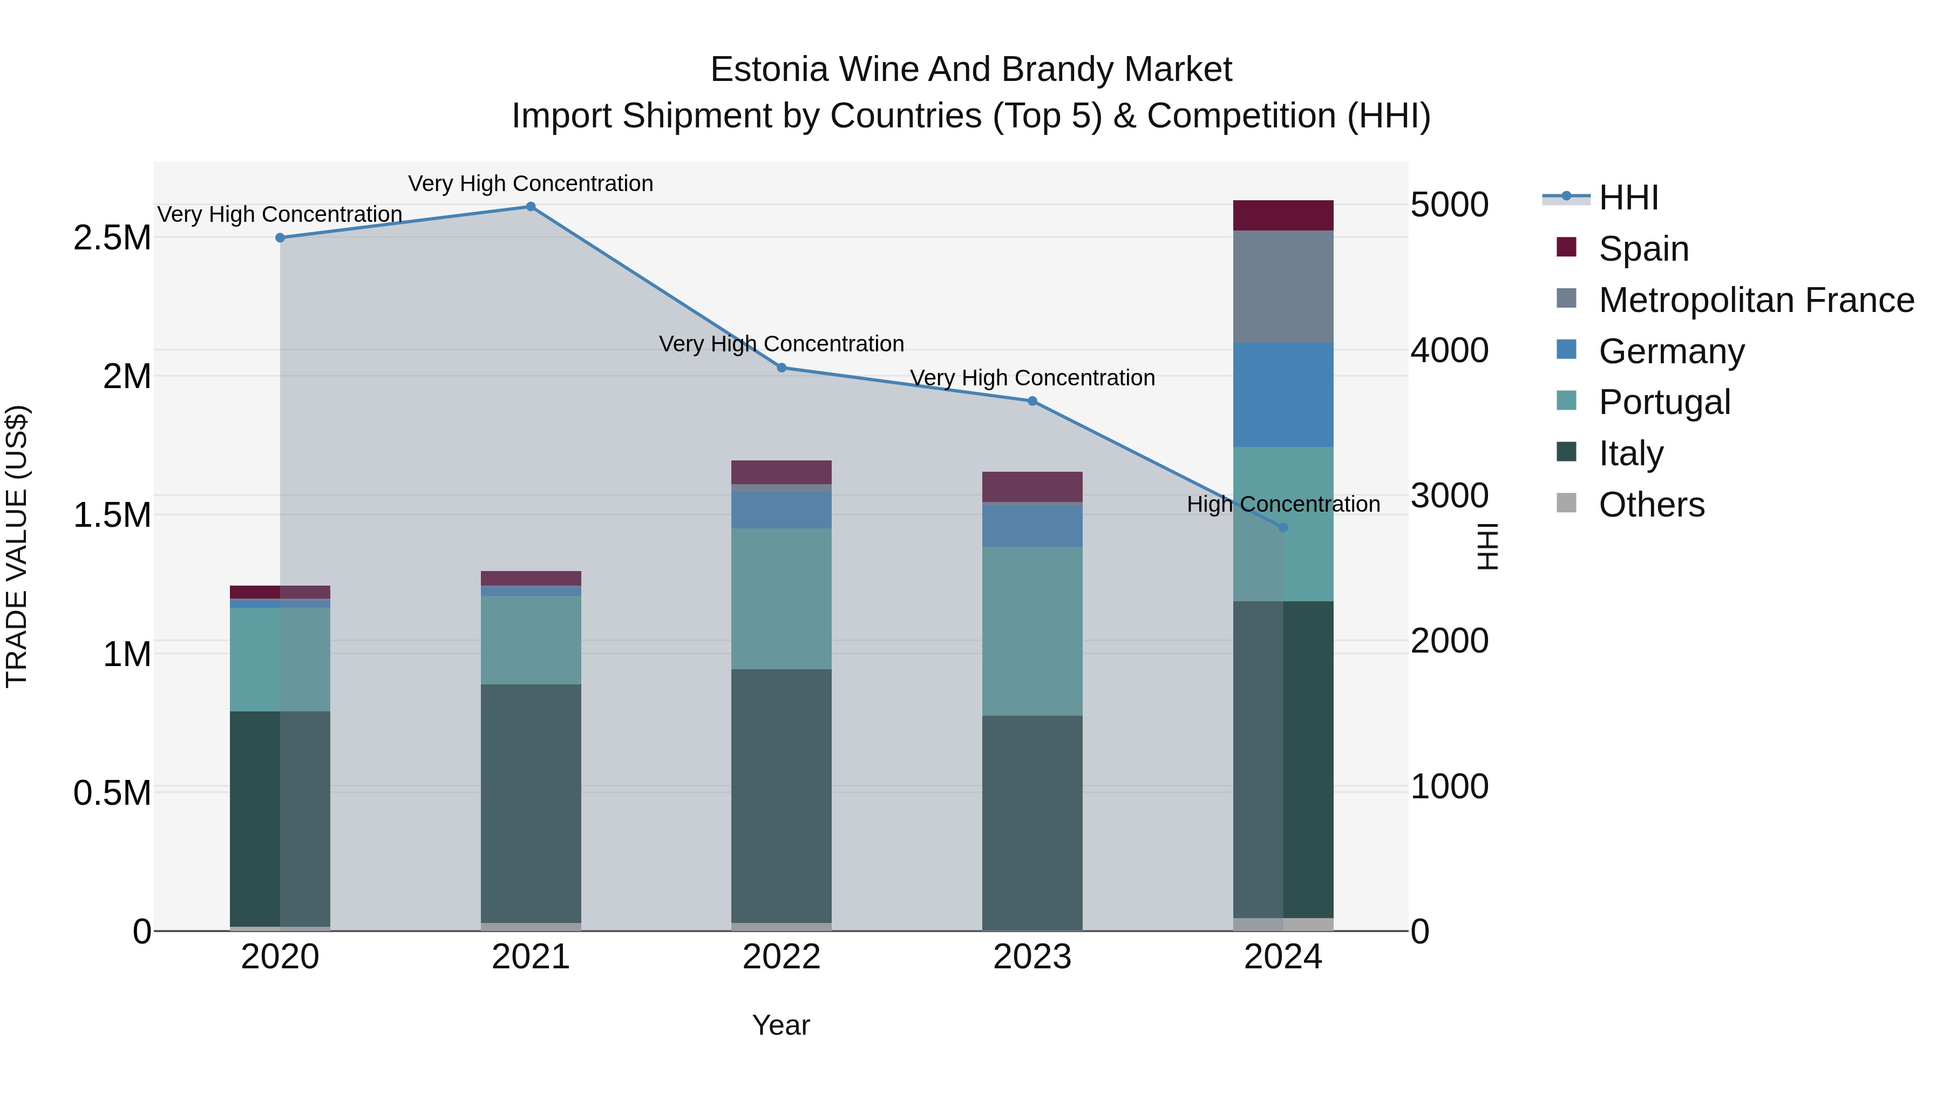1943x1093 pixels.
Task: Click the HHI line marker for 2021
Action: pyautogui.click(x=530, y=207)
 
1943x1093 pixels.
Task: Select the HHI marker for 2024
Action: pyautogui.click(x=1283, y=527)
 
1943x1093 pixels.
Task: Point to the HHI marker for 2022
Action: pyautogui.click(x=782, y=368)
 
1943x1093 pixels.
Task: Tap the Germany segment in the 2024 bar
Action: pyautogui.click(x=1283, y=395)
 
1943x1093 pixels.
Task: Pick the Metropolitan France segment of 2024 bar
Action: pyautogui.click(x=1283, y=287)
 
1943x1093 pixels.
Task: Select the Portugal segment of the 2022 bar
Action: pyautogui.click(x=782, y=598)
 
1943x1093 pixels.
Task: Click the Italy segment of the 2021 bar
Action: pyautogui.click(x=530, y=803)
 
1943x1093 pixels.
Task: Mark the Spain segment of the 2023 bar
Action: pyautogui.click(x=1032, y=486)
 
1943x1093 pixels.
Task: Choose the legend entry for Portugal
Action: pyautogui.click(x=1664, y=402)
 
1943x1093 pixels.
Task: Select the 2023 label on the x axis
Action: pyautogui.click(x=1032, y=957)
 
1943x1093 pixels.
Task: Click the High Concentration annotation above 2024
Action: pyautogui.click(x=1283, y=504)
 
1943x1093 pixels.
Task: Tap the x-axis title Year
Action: pyautogui.click(x=780, y=1025)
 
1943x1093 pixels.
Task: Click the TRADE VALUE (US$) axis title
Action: pyautogui.click(x=17, y=546)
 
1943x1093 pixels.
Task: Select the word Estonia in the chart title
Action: pyautogui.click(x=769, y=70)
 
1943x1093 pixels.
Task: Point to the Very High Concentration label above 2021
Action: pyautogui.click(x=530, y=184)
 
